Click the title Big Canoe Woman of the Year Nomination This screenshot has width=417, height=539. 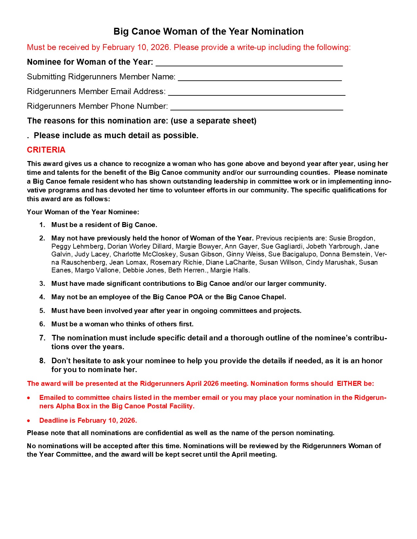208,31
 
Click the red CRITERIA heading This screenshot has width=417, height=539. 46,150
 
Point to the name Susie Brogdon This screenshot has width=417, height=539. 352,238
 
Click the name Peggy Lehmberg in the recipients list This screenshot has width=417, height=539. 78,246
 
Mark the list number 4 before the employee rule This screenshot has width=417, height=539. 42,297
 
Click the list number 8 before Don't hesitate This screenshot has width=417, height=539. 42,361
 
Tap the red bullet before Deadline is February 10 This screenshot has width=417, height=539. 29,421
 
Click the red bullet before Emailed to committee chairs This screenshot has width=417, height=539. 29,398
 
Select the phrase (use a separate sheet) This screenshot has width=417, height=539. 214,121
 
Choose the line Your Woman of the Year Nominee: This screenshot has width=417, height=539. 83,212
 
